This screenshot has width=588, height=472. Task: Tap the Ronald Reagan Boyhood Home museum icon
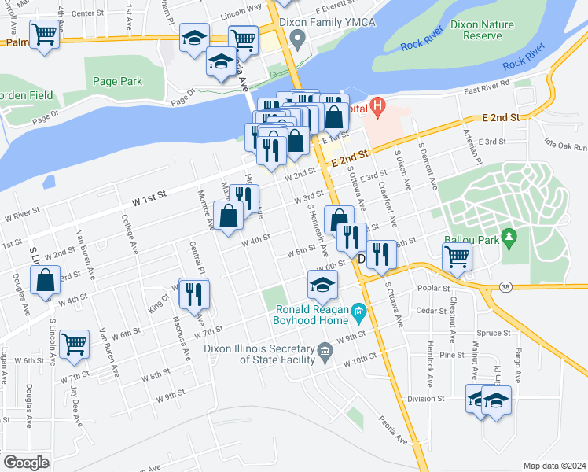[358, 313]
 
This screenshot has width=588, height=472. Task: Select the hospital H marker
[377, 105]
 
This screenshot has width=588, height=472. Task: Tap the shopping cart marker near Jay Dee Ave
[74, 344]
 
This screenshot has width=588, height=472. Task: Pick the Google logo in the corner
[26, 462]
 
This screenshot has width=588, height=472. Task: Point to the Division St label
[426, 399]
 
